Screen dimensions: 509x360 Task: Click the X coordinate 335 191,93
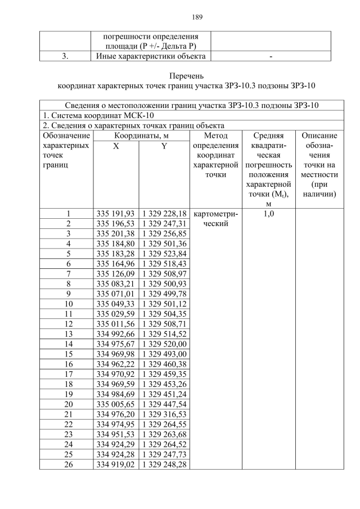click(x=116, y=214)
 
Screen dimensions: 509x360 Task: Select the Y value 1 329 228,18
click(x=164, y=214)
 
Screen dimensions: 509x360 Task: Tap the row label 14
click(x=68, y=343)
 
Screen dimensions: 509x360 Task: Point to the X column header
click(x=116, y=146)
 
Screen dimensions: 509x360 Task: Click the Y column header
click(x=164, y=146)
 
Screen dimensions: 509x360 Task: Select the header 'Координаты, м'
click(x=140, y=136)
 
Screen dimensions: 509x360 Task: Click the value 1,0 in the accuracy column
click(x=268, y=214)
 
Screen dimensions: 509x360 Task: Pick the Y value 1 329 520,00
click(x=164, y=343)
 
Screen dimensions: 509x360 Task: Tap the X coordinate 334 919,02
click(x=116, y=465)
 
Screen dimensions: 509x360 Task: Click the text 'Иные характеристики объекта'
click(x=151, y=56)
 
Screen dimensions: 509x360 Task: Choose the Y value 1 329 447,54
click(x=164, y=404)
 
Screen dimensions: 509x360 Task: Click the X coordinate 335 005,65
click(x=116, y=404)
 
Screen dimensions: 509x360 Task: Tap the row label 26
click(x=68, y=465)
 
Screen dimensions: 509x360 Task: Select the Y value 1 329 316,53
click(x=164, y=414)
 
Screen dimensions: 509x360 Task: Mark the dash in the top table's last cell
click(x=271, y=56)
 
